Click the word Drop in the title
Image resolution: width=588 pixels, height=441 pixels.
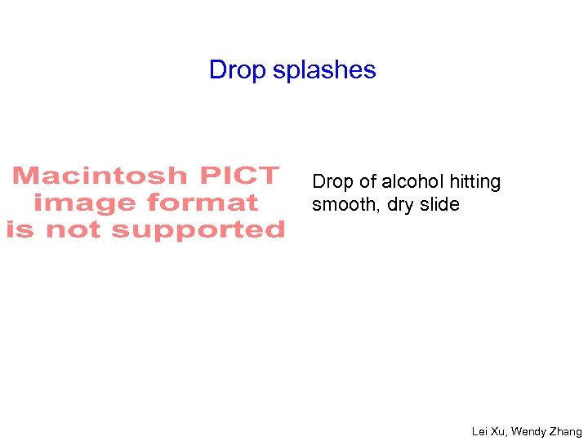238,70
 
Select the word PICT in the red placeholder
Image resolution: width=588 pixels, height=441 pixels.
238,176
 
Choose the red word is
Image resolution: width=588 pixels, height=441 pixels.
21,229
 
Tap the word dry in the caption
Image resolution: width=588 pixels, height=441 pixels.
400,204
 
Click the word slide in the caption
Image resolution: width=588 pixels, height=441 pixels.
440,204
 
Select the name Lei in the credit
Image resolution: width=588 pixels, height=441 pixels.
480,431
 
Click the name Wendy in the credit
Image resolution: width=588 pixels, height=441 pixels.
528,431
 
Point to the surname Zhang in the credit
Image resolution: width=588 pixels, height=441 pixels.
566,431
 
